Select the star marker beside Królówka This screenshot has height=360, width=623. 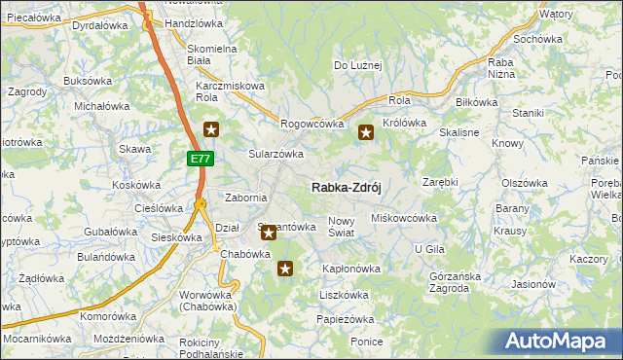pos(366,133)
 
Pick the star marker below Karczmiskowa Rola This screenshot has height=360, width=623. pos(211,128)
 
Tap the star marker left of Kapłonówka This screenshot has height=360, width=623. pos(285,269)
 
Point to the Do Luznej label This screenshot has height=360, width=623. pos(358,66)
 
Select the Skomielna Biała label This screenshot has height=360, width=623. pos(212,54)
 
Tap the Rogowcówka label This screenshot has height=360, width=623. pos(312,124)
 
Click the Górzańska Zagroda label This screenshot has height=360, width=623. pos(456,281)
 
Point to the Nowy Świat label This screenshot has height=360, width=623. pos(347,227)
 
